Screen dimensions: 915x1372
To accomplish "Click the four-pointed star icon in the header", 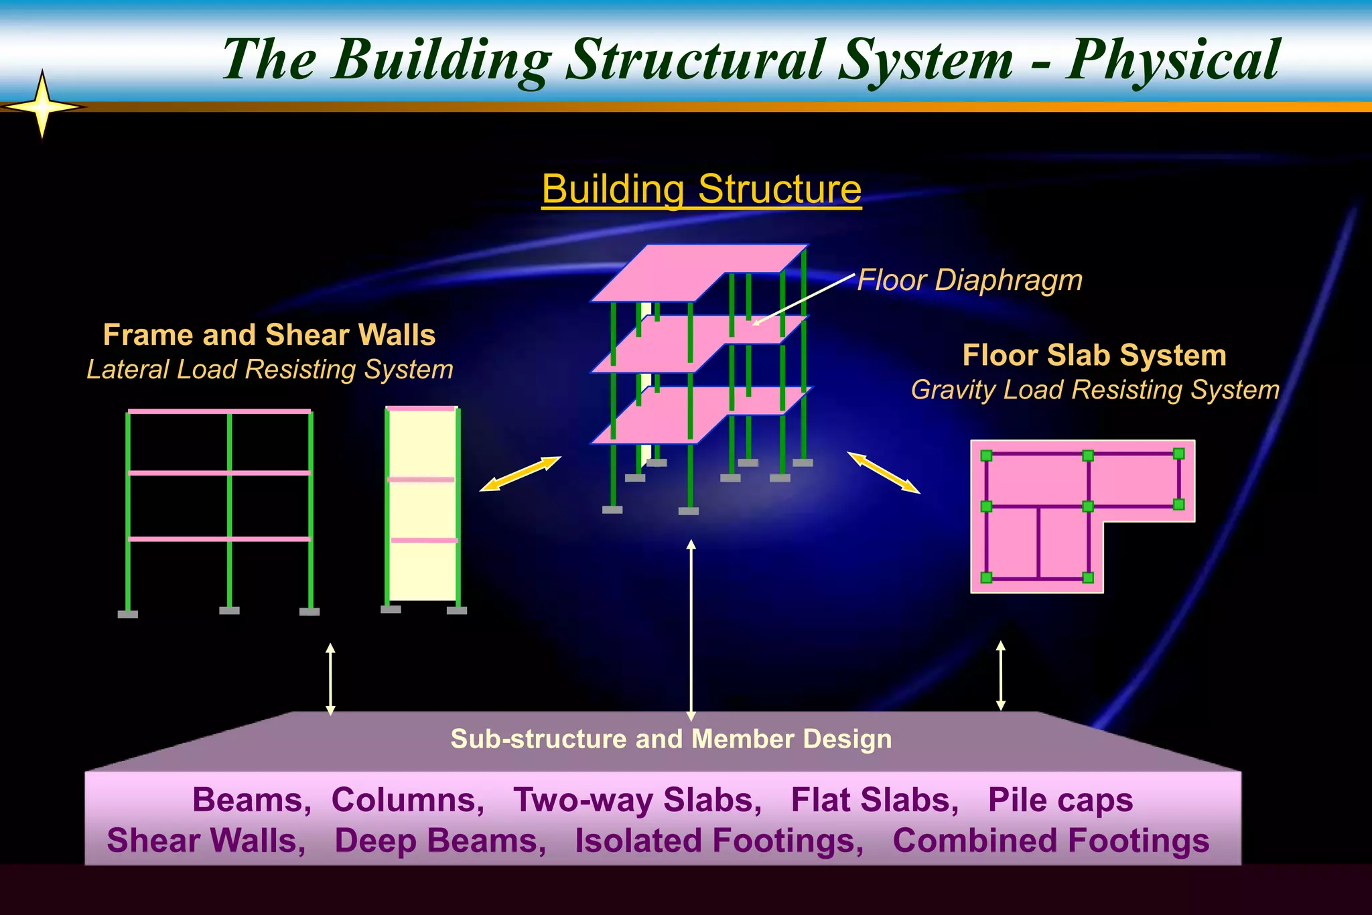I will pyautogui.click(x=42, y=106).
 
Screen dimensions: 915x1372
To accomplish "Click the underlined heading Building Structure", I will pyautogui.click(x=701, y=189).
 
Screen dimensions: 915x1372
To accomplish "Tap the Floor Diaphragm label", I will pyautogui.click(x=969, y=280).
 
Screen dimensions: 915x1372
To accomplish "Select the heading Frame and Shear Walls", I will pyautogui.click(x=269, y=335).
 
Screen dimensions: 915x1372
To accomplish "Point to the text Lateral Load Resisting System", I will pyautogui.click(x=270, y=369).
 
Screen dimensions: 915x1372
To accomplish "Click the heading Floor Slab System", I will pyautogui.click(x=1094, y=355).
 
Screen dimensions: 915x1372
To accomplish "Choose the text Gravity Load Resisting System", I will pyautogui.click(x=1095, y=390).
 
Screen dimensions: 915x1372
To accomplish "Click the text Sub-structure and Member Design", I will pyautogui.click(x=671, y=739).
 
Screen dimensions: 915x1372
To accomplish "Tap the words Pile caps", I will pyautogui.click(x=1060, y=800).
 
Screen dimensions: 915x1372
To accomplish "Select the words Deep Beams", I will pyautogui.click(x=440, y=841).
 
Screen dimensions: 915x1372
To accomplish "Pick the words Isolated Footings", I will pyautogui.click(x=719, y=841).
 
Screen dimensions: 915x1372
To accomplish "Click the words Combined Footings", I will pyautogui.click(x=1050, y=841).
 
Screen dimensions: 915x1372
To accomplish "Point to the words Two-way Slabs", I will pyautogui.click(x=637, y=800).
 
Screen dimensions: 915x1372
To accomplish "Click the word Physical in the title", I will pyautogui.click(x=1172, y=60).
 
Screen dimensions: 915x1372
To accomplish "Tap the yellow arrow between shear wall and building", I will pyautogui.click(x=521, y=474).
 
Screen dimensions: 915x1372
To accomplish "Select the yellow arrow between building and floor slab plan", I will pyautogui.click(x=883, y=472).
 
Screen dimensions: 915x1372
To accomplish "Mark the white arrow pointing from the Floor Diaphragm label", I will pyautogui.click(x=804, y=299).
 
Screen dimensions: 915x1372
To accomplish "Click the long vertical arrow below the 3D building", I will pyautogui.click(x=691, y=630).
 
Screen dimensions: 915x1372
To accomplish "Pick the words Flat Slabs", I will pyautogui.click(x=874, y=800).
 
